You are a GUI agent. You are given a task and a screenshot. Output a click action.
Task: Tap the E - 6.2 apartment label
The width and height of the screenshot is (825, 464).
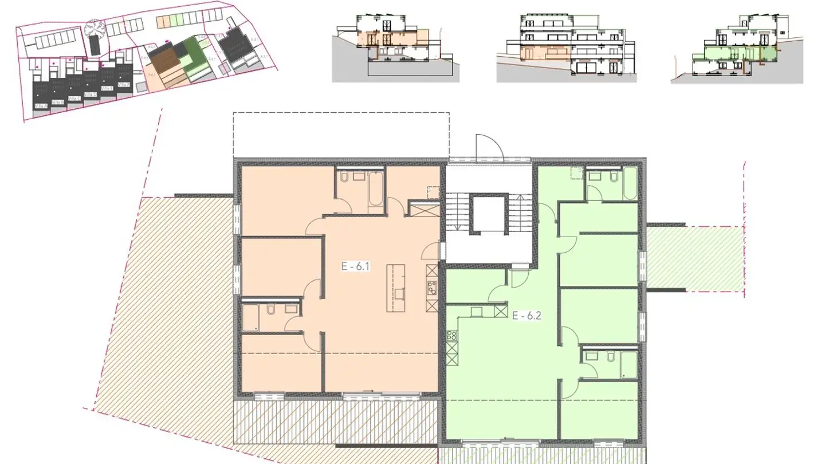(527, 314)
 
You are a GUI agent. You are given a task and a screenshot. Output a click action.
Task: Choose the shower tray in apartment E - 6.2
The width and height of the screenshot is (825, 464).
(628, 365)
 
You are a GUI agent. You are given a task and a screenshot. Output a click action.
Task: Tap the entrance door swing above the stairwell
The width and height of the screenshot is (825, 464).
(488, 147)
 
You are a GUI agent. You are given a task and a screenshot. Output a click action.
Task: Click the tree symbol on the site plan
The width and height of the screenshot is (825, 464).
(94, 29)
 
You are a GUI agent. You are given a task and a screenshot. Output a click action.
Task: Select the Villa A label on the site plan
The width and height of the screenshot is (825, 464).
(40, 106)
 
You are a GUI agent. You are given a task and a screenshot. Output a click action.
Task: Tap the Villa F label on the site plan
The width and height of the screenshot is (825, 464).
(123, 85)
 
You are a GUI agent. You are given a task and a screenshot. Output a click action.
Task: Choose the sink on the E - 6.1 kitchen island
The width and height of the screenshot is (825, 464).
(399, 294)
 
